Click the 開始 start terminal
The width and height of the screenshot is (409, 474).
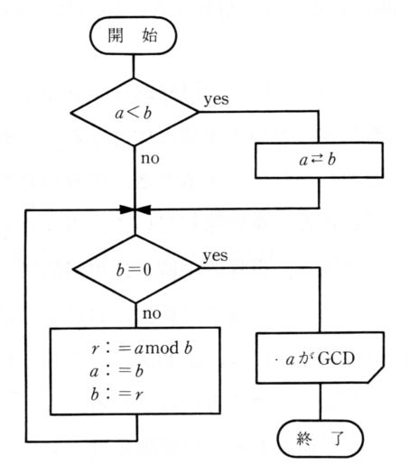(x=133, y=36)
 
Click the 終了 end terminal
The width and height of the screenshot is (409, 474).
(x=321, y=438)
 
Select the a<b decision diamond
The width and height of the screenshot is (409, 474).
(x=135, y=112)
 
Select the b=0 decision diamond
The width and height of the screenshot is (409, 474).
(x=136, y=269)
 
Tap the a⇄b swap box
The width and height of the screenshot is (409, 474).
(x=319, y=160)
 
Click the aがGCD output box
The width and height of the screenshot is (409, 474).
(x=321, y=358)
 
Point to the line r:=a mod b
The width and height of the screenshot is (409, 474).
(x=142, y=349)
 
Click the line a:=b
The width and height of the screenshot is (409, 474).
(x=116, y=371)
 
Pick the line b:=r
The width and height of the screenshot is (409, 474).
(x=116, y=394)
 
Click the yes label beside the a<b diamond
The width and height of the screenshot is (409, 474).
(x=216, y=99)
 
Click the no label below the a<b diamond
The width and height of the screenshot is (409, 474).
(x=150, y=158)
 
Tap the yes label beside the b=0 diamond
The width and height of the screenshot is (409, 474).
(x=215, y=256)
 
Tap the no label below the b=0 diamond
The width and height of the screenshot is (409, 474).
(x=152, y=313)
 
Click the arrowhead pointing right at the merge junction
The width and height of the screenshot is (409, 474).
(x=127, y=209)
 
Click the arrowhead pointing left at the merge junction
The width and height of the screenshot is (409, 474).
(x=143, y=209)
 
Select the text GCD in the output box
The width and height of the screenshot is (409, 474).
(x=337, y=358)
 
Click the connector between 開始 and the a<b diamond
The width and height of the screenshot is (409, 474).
(x=134, y=66)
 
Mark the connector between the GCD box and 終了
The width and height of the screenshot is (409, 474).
(x=321, y=402)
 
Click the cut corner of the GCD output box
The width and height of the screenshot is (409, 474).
(x=376, y=376)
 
